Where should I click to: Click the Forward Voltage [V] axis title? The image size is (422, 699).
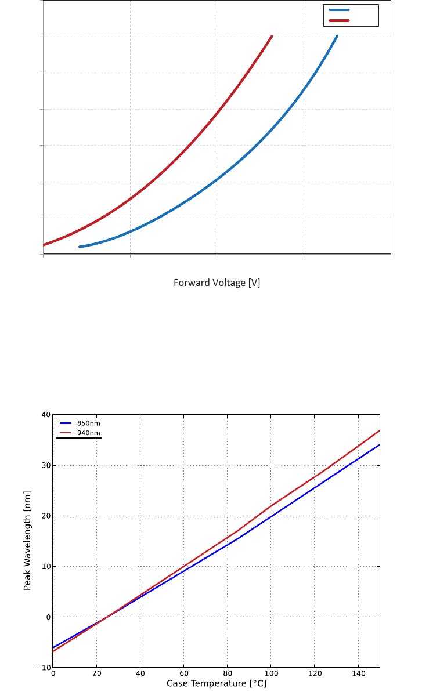coord(217,283)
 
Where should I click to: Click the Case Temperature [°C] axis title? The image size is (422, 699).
coord(217,684)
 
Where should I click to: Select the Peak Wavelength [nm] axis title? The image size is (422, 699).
coord(27,541)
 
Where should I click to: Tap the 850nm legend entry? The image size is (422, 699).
coord(89,423)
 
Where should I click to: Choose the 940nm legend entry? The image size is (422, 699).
coord(89,433)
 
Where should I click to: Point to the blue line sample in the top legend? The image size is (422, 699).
coord(339,10)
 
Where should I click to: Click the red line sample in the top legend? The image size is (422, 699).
coord(339,20)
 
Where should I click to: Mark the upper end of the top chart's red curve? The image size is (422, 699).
coord(271,37)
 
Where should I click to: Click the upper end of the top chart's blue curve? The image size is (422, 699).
coord(337,36)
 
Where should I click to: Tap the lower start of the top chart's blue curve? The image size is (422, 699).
coord(80,247)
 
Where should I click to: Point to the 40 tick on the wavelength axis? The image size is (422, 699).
coord(46,415)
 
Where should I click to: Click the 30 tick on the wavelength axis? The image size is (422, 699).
coord(46,465)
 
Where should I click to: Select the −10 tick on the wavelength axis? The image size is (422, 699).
coord(44,668)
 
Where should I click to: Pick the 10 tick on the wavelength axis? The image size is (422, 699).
coord(46,566)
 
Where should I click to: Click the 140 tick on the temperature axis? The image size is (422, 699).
coord(358,673)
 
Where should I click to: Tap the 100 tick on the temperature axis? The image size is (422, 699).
coord(270,673)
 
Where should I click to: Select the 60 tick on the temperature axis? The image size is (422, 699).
coord(183,673)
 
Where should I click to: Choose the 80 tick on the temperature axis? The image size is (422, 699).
coord(227,673)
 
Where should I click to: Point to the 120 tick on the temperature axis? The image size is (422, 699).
coord(314,673)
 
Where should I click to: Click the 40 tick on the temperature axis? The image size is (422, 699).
coord(140,673)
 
